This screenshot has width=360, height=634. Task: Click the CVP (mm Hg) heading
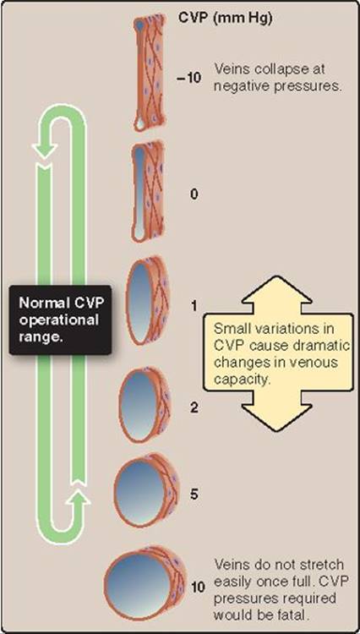[225, 19]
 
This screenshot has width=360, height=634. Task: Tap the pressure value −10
[188, 78]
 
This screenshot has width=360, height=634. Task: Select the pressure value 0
[195, 194]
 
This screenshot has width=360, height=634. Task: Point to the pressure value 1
[194, 306]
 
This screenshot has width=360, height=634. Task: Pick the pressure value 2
[195, 408]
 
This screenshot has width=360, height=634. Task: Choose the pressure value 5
[194, 495]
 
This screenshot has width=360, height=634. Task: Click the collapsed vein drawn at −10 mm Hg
[150, 72]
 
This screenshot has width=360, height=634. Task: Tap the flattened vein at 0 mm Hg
[148, 191]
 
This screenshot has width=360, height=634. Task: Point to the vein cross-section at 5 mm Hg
[145, 491]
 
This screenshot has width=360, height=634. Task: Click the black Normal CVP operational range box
[61, 320]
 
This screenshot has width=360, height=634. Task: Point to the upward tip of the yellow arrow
[277, 277]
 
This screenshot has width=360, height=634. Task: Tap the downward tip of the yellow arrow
[277, 431]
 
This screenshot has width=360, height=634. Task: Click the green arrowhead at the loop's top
[43, 151]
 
